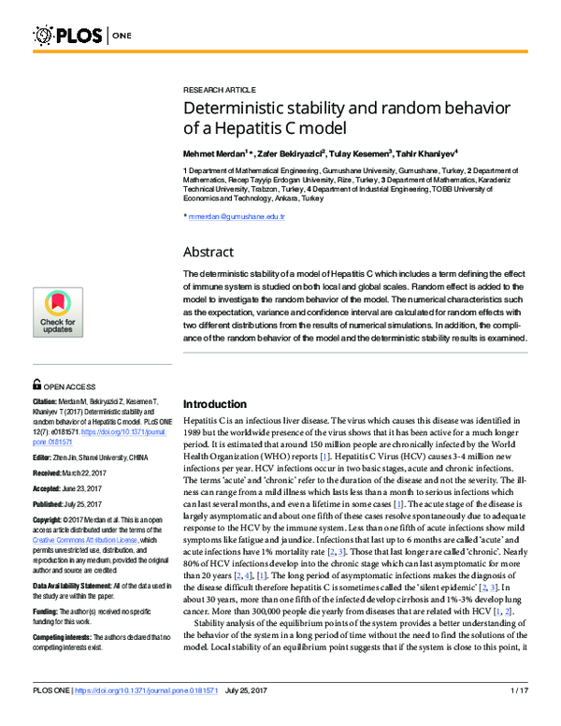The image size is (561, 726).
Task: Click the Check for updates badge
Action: [x=59, y=312]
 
